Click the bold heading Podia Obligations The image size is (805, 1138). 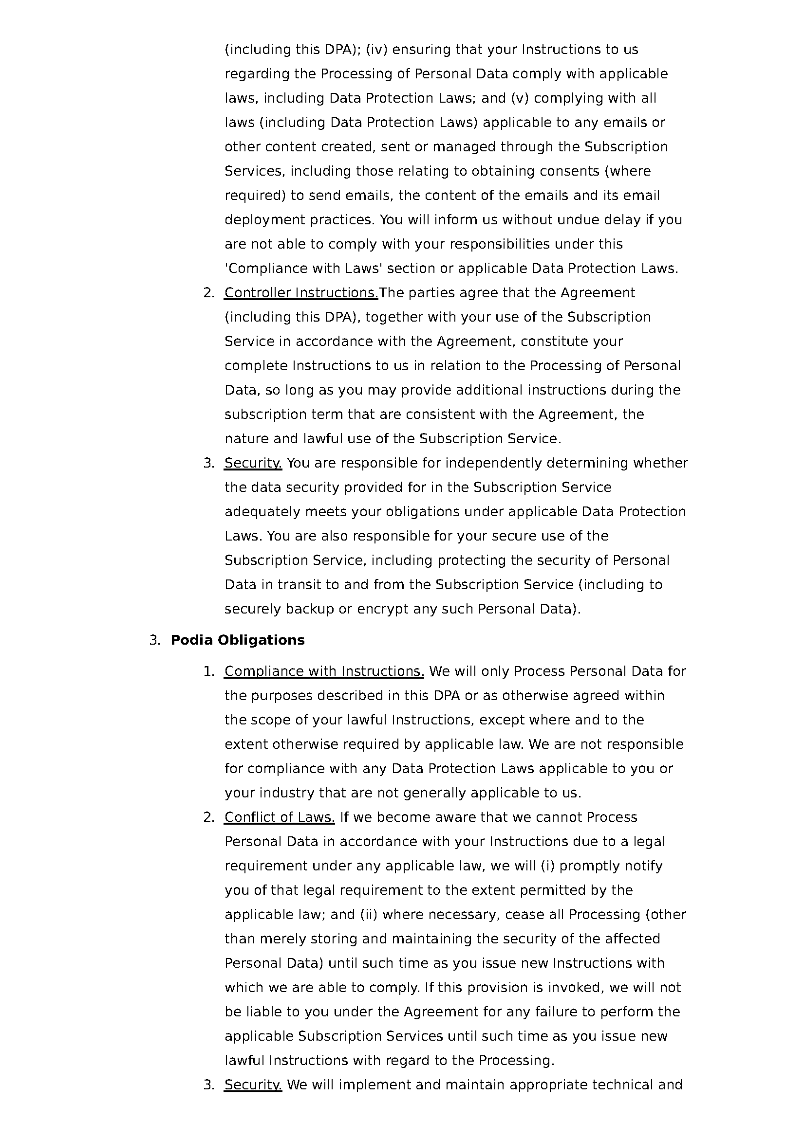pos(238,640)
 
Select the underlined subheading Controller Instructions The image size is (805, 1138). pos(301,293)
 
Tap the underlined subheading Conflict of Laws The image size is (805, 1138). pos(279,817)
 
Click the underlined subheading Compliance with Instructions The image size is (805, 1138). pos(324,671)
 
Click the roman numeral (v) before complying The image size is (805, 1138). pos(519,98)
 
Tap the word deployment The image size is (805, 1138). pos(265,219)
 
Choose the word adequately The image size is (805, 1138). pos(262,511)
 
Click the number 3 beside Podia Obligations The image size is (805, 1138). pos(154,640)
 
